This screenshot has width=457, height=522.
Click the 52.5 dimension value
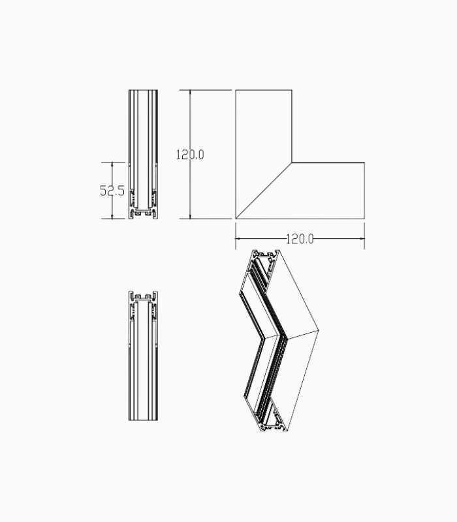pos(112,191)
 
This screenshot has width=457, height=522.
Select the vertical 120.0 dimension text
pos(190,155)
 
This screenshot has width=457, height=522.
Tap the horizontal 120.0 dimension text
pos(300,239)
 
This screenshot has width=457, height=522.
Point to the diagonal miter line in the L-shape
pos(264,190)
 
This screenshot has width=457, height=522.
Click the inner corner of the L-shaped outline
pos(292,162)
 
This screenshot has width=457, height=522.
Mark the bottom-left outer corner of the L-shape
pos(236,219)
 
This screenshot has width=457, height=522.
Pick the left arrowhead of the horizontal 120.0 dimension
pos(238,239)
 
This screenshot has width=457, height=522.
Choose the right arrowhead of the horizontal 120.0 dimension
pos(362,239)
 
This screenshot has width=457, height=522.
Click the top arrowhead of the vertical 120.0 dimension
pos(190,92)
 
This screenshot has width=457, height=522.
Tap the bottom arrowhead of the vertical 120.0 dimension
pos(190,217)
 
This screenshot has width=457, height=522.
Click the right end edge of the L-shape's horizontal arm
pos(364,190)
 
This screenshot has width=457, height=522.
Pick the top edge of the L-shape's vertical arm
pos(264,90)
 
